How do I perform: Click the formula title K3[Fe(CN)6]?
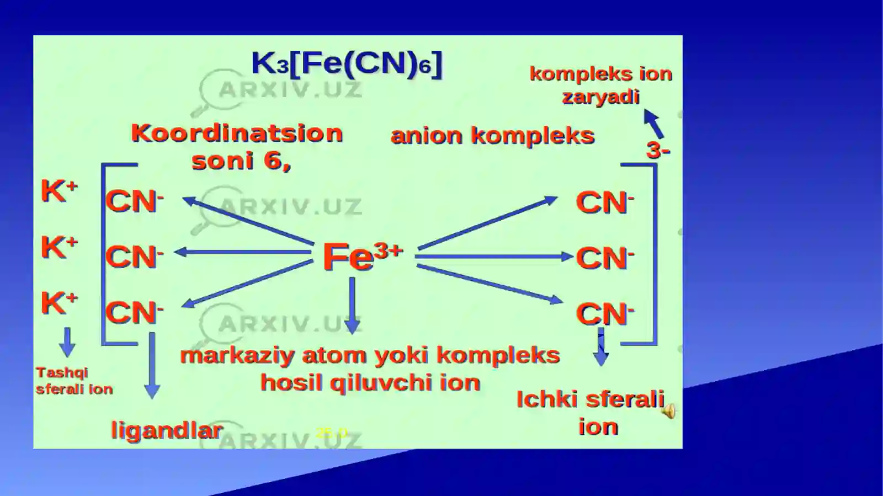(347, 63)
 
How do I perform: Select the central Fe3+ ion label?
(362, 256)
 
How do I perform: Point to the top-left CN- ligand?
(134, 201)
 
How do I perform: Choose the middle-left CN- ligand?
(134, 257)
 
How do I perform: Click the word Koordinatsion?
(237, 134)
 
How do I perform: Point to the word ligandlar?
(167, 430)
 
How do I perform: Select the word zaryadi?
(600, 97)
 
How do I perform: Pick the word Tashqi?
(62, 372)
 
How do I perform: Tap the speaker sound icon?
(668, 411)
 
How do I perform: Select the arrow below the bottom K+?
(67, 342)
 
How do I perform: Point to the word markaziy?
(237, 355)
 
